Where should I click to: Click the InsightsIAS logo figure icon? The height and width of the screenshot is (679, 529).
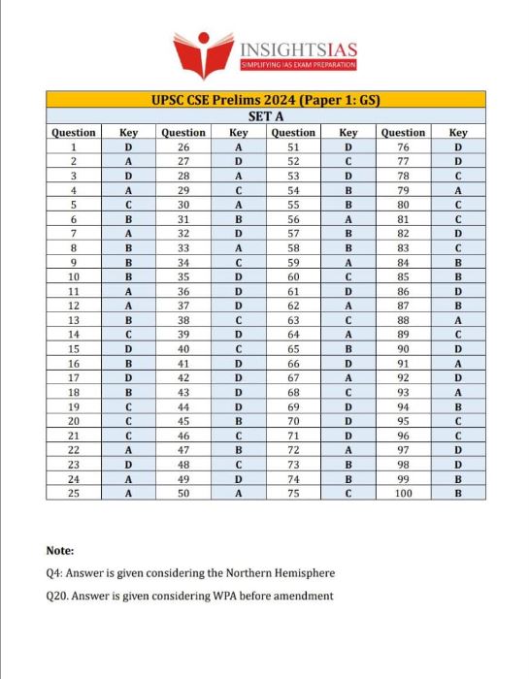coord(203,50)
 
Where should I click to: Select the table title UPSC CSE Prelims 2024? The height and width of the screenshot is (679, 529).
coord(264,100)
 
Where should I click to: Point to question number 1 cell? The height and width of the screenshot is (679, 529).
coord(73,146)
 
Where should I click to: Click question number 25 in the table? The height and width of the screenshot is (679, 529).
coord(73,493)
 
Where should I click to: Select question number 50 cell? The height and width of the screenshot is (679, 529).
coord(183,493)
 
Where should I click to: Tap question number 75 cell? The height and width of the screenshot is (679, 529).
coord(293,493)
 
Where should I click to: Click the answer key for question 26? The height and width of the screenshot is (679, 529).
coord(238,146)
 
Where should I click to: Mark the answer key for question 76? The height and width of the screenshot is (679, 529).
coord(458,146)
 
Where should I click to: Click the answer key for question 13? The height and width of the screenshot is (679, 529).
coord(128,319)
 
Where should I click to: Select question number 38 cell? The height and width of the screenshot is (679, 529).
coord(183,319)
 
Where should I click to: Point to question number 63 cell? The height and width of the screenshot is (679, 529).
coord(293,319)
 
